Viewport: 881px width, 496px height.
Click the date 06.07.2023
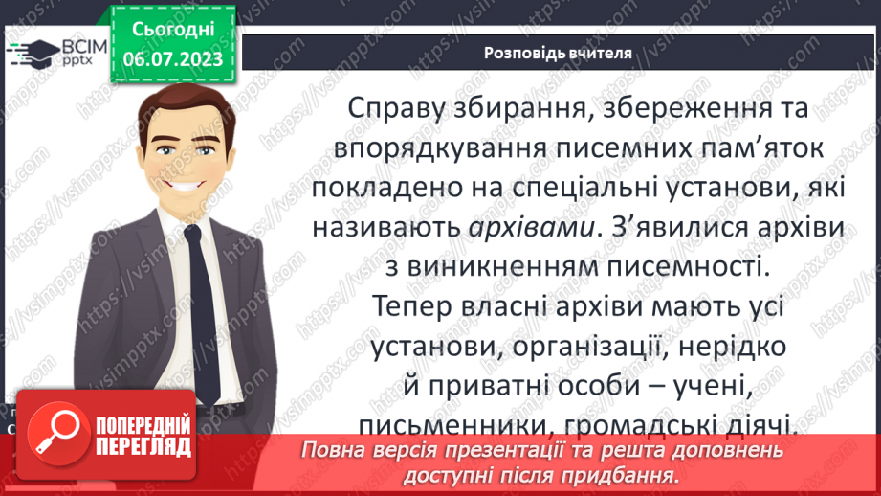[172, 59]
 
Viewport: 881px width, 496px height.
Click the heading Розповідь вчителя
[558, 54]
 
